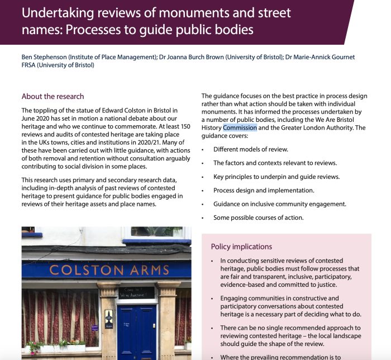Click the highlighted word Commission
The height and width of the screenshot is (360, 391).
240,127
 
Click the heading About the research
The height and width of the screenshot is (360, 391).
53,96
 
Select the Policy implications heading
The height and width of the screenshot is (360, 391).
241,247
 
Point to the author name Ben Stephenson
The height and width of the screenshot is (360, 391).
42,57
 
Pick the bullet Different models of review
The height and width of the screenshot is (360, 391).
251,149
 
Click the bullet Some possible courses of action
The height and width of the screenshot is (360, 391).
258,217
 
